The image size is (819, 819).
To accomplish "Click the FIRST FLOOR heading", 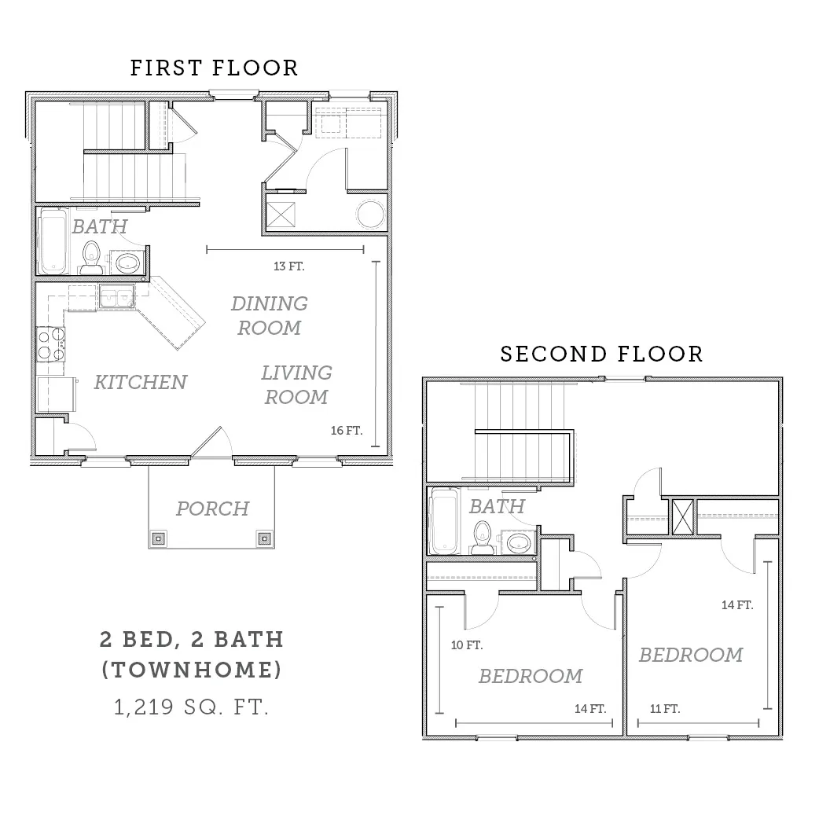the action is (214, 68).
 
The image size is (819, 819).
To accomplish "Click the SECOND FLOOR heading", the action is (602, 354).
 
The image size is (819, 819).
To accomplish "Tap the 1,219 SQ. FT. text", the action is (191, 707).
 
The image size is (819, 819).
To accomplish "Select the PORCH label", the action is (212, 509).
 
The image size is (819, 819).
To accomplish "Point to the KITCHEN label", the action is (141, 382).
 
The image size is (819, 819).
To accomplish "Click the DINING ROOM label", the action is (270, 315).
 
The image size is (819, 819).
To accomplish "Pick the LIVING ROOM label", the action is (296, 385).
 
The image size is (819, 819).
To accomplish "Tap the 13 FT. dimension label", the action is (288, 266).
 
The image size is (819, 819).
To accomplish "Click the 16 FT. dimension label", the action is (347, 431).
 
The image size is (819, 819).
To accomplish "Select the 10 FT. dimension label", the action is (467, 645).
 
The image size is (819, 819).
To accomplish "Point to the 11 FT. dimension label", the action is (665, 709).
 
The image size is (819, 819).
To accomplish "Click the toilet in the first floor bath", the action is (91, 258).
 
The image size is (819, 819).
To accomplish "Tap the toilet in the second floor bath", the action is (483, 537).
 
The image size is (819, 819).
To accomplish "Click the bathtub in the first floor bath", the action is (53, 241).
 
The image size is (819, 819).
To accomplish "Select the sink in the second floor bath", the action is (518, 542).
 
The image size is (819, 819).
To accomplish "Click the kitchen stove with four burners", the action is (50, 344).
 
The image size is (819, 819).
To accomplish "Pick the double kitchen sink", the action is (116, 297).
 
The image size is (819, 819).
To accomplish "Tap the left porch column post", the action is (160, 538).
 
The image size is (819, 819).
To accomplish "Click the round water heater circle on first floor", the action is (371, 214).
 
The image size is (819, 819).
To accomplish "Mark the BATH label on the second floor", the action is (497, 506).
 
